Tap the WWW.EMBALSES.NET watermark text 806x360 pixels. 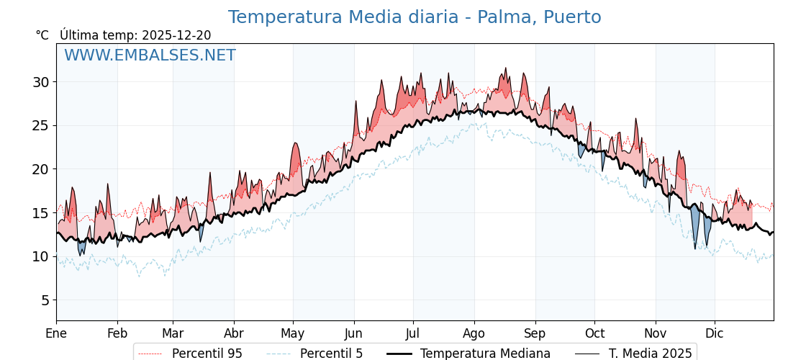click(150, 55)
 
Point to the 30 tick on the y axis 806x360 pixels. click(40, 82)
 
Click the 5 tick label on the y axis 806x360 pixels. click(45, 300)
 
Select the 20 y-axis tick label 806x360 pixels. click(40, 169)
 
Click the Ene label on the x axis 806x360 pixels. click(56, 334)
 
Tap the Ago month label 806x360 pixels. click(474, 334)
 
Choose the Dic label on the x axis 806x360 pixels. click(715, 334)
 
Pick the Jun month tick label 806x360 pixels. click(353, 334)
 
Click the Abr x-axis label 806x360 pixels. click(234, 334)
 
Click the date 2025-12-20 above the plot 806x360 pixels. click(176, 35)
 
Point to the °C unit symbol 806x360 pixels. click(42, 35)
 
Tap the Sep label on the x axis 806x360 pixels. click(535, 334)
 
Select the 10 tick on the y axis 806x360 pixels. click(40, 256)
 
